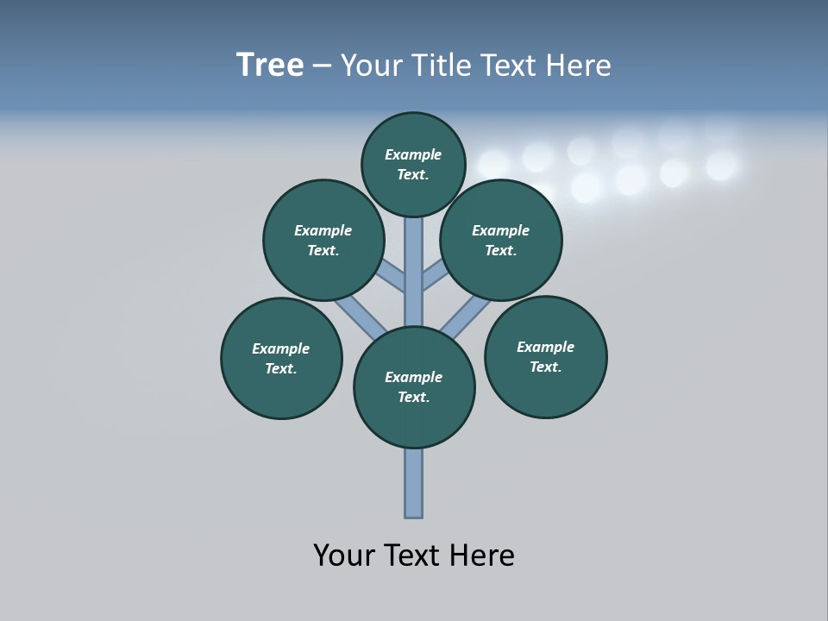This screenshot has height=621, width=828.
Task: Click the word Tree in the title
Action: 270,66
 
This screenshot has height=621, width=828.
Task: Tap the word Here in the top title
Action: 579,66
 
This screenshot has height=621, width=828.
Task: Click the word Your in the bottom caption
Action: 343,555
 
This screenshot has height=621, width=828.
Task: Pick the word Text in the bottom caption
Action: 416,555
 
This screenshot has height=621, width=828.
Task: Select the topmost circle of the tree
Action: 413,164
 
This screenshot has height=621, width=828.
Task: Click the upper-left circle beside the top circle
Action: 323,240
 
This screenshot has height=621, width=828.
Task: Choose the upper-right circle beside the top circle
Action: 501,240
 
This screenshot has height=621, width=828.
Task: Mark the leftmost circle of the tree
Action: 281,358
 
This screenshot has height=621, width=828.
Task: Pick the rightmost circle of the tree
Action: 545,356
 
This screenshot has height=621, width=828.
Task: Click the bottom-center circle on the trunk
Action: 414,387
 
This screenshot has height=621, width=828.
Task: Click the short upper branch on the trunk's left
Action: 392,276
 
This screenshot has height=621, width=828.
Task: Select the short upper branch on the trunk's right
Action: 434,276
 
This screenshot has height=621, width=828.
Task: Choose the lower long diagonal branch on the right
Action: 466,317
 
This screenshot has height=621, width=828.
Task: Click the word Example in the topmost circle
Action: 413,154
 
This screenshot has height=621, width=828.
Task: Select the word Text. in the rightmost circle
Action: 545,367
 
